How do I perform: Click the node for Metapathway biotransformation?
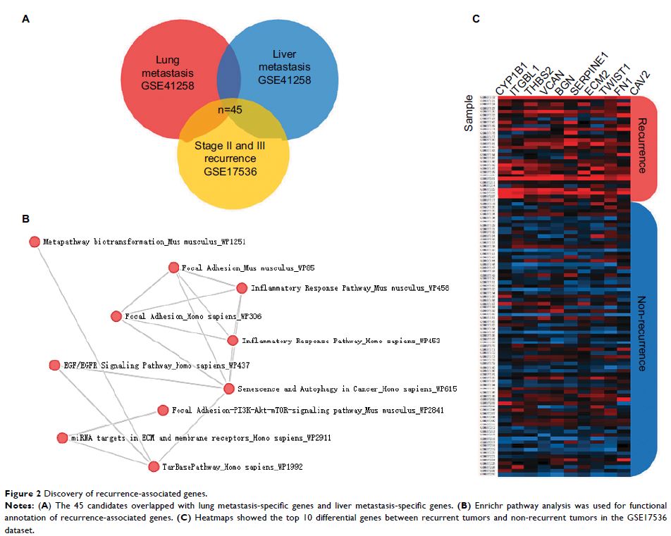tap(34, 242)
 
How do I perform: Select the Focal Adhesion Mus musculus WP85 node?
tap(173, 268)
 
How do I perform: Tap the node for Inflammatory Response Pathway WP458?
tap(242, 288)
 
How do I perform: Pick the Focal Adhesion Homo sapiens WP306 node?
tap(116, 316)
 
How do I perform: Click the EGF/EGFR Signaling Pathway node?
tap(54, 365)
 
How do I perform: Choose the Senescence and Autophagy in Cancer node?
tap(228, 389)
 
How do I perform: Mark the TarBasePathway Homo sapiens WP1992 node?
tap(154, 466)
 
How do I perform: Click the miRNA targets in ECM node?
tap(61, 437)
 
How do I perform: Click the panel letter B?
tap(25, 218)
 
